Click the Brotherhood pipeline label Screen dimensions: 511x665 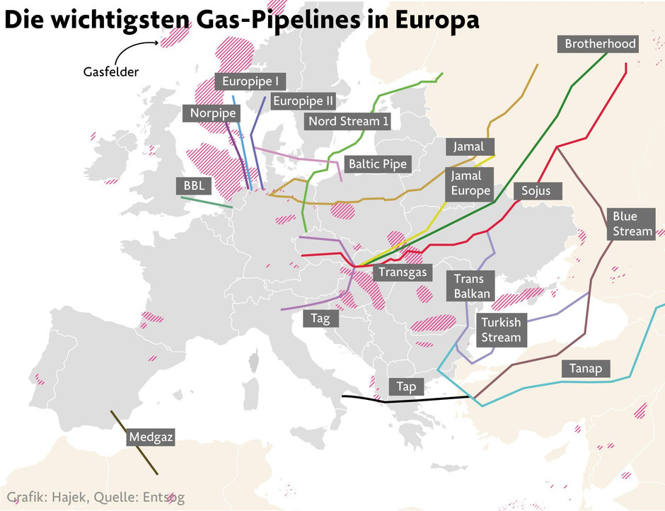600,44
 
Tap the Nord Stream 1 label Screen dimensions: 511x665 349,121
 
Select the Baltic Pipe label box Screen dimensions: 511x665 377,164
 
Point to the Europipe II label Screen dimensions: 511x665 302,101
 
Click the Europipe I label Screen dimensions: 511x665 250,81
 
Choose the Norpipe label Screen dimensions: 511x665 213,113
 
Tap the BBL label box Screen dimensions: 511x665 193,185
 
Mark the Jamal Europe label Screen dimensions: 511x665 470,184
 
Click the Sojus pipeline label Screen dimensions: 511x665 540,190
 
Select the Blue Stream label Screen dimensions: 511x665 632,224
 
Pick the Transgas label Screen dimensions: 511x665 401,272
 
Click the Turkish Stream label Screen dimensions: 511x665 500,330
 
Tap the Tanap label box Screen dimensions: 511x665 585,368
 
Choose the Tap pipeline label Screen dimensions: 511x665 406,386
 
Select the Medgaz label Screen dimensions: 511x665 151,437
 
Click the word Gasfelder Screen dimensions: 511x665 110,71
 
